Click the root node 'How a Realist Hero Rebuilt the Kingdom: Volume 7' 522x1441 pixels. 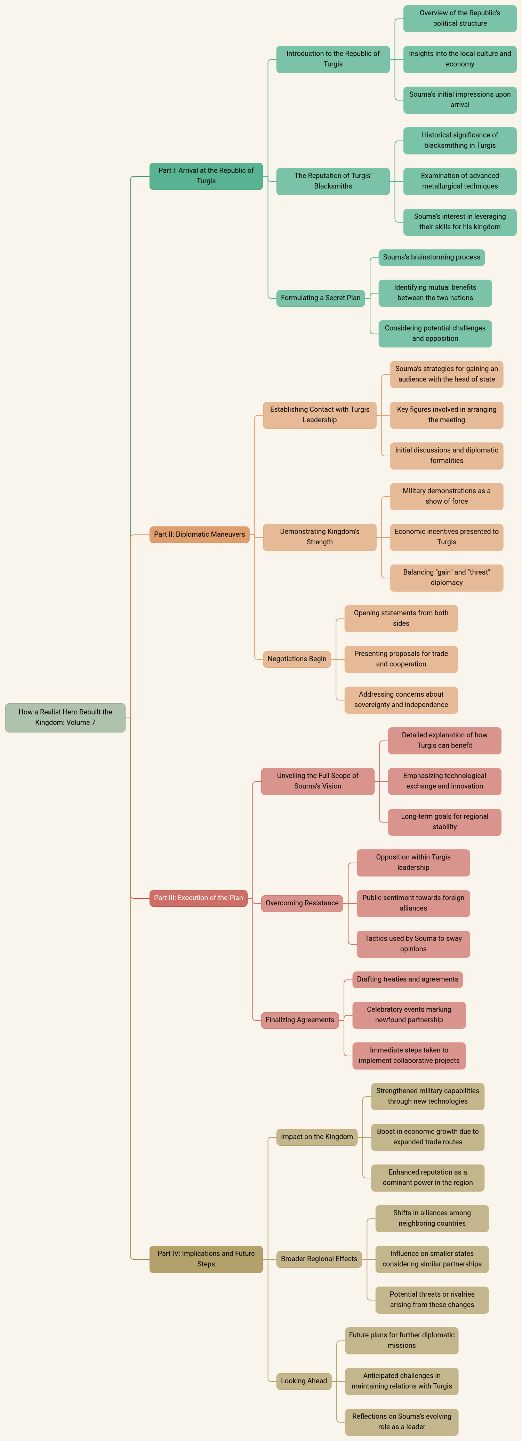65,717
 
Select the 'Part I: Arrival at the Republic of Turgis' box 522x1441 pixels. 206,176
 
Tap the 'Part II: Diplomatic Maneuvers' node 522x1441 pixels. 199,534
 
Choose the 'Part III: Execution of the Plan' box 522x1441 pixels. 198,898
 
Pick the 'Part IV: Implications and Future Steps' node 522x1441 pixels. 206,1259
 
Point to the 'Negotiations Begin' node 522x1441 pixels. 297,659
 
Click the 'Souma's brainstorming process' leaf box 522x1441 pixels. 431,257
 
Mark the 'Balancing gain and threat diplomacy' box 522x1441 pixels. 447,577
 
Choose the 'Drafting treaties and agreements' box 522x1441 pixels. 407,979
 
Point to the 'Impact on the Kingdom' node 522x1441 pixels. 317,1137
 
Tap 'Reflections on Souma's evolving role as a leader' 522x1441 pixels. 401,1422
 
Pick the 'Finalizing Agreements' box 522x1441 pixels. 300,1020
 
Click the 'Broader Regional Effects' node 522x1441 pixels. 319,1259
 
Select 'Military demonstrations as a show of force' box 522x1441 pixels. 447,496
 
